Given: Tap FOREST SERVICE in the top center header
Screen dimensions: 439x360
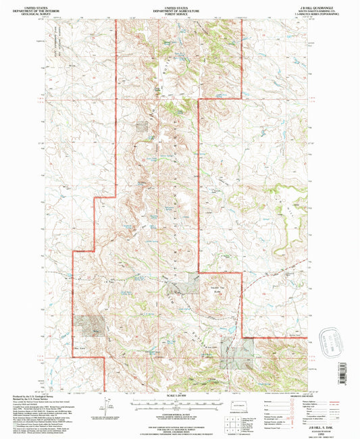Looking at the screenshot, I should coord(179,11).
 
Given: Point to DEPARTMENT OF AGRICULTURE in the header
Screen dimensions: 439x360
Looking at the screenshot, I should coord(179,7).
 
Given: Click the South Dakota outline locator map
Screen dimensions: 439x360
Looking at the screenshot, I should coord(237,407).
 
